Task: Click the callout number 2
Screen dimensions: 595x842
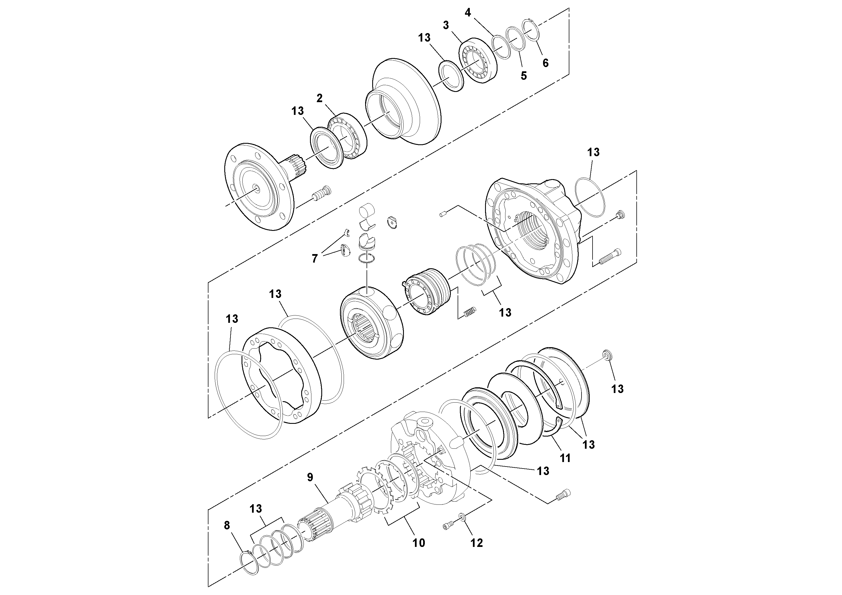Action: (x=319, y=98)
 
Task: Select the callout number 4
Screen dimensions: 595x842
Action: (x=468, y=13)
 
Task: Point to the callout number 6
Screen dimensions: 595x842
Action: (x=545, y=63)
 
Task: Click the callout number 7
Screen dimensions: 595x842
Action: (x=314, y=259)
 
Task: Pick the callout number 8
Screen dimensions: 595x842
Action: (x=227, y=525)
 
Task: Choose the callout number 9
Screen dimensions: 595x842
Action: (x=310, y=477)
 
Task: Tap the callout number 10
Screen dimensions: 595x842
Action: (x=419, y=543)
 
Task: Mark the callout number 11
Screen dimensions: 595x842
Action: (x=565, y=458)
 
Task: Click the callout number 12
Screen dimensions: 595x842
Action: (x=477, y=543)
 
